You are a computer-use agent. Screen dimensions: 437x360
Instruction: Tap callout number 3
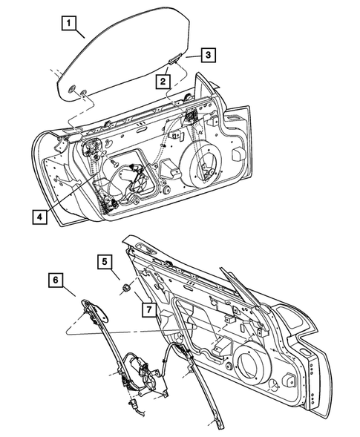tap(209, 54)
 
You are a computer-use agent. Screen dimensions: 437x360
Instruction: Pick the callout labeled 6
tap(56, 280)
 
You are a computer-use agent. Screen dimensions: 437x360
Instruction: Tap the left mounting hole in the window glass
tap(72, 90)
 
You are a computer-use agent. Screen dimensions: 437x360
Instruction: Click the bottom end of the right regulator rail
tap(220, 425)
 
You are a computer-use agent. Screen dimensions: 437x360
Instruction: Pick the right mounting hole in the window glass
tap(85, 93)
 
